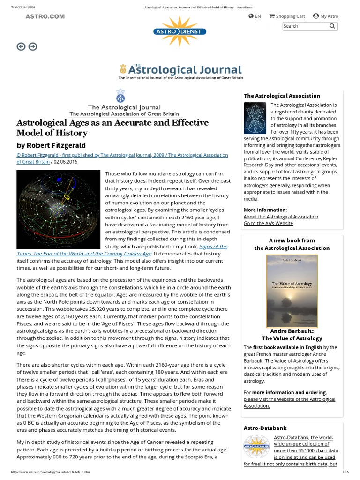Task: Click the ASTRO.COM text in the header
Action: tap(45, 16)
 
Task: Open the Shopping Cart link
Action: tap(290, 16)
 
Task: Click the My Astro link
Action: tap(329, 16)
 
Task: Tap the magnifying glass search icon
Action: tap(332, 26)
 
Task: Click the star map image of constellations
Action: tap(58, 210)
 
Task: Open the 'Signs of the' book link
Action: tap(213, 246)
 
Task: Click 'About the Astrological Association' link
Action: tap(281, 217)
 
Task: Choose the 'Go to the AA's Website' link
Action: tap(268, 224)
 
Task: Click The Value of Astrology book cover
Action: tap(292, 291)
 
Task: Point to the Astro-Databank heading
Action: tap(265, 428)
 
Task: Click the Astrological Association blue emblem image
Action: tap(255, 118)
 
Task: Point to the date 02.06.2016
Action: tap(66, 162)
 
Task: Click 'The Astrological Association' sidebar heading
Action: tap(282, 96)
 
